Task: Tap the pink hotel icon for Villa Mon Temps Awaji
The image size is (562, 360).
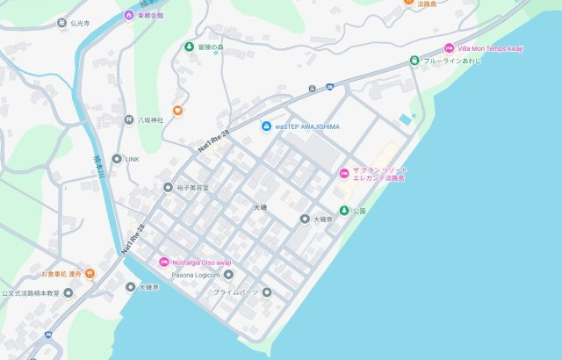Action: tap(450, 48)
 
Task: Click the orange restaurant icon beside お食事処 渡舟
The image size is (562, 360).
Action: tap(89, 274)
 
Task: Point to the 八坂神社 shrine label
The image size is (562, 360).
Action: tap(150, 119)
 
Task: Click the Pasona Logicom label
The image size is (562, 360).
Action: tap(189, 275)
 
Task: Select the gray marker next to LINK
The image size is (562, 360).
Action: tap(117, 159)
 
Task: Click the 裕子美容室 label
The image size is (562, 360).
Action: tap(192, 188)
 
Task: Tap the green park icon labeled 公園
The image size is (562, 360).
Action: tap(344, 211)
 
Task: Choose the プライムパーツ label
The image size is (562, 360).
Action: tap(236, 292)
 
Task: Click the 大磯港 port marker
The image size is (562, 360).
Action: tap(131, 287)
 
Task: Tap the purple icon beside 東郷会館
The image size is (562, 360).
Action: tap(130, 15)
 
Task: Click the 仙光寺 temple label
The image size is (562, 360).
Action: tap(81, 24)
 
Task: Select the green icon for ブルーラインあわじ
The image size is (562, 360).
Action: tap(414, 61)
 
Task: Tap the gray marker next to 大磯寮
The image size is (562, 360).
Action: tap(305, 219)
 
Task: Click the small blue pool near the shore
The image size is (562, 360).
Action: tap(404, 119)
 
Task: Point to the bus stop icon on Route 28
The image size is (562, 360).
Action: tap(312, 89)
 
